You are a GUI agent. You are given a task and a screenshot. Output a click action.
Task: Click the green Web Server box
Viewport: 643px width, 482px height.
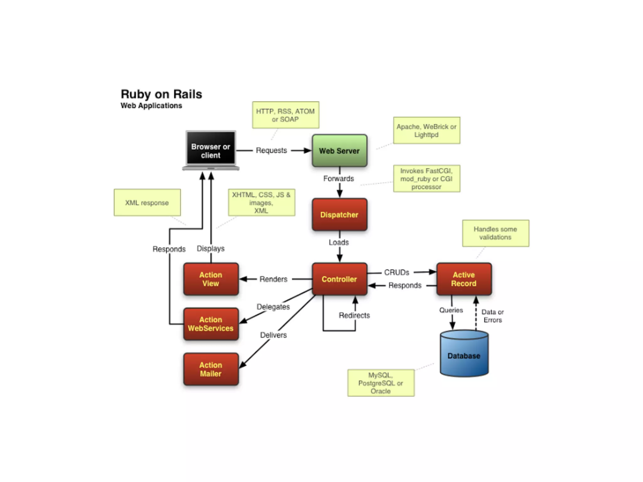(339, 151)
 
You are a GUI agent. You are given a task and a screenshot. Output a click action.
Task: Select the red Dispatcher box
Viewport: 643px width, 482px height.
(339, 215)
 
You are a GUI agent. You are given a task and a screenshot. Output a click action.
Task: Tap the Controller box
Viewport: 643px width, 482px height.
(339, 279)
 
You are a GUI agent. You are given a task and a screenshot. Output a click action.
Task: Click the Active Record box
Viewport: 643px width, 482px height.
(464, 279)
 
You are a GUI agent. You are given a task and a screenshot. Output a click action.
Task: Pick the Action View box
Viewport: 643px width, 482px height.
(211, 279)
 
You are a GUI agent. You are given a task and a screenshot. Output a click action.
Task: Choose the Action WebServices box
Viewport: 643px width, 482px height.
(211, 324)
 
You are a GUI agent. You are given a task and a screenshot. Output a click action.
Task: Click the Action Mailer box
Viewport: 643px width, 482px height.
(211, 369)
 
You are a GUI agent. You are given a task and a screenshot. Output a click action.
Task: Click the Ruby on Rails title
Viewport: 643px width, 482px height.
(161, 94)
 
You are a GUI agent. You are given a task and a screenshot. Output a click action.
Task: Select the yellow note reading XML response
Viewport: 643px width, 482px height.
(147, 202)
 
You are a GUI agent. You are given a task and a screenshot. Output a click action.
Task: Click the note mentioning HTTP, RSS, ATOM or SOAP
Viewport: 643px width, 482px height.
(285, 115)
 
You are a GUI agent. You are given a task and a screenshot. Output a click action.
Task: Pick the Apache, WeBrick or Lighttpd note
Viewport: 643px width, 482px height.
(426, 131)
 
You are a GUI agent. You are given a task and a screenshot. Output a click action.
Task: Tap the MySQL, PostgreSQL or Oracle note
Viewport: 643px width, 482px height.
(381, 383)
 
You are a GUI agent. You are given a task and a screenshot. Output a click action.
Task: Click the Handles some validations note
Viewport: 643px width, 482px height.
(495, 233)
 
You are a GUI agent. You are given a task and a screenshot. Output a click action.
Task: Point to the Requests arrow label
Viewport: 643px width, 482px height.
(271, 150)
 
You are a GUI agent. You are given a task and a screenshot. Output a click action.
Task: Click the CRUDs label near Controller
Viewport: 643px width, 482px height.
(397, 272)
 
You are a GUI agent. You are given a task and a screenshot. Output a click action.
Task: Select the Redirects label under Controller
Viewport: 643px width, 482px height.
(354, 315)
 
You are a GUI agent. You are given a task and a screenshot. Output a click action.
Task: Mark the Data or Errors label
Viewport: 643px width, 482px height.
(492, 316)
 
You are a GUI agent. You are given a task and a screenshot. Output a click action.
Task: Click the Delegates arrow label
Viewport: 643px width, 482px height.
(273, 307)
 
